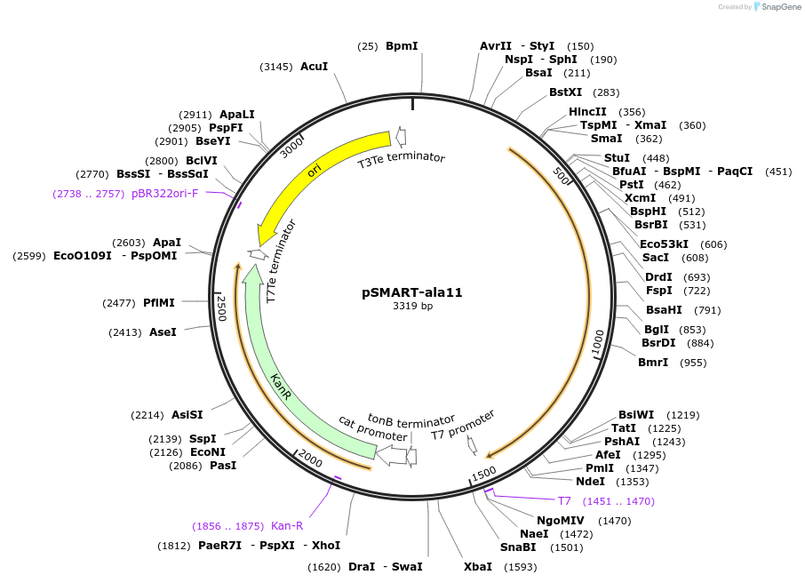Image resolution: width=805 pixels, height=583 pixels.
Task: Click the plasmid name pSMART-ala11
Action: click(x=412, y=291)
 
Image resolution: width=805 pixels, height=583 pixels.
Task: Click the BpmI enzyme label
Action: click(x=402, y=46)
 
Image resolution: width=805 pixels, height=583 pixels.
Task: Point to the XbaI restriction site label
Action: click(x=477, y=566)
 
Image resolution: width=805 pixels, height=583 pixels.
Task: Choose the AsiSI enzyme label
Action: click(x=187, y=415)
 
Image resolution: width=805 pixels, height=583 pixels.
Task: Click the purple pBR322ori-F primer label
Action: click(x=165, y=193)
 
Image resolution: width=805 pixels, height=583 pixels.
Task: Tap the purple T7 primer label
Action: click(x=564, y=501)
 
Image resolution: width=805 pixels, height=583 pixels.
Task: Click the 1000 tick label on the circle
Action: click(x=598, y=342)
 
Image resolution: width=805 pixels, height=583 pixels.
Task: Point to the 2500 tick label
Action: click(x=222, y=308)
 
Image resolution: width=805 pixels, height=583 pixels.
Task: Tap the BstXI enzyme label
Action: click(x=565, y=92)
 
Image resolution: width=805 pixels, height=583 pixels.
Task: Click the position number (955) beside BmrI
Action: click(x=693, y=363)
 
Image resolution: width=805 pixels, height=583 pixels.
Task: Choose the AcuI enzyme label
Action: click(x=315, y=67)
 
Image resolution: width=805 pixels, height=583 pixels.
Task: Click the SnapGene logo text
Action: click(x=778, y=7)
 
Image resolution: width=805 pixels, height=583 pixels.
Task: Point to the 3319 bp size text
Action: click(x=412, y=307)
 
